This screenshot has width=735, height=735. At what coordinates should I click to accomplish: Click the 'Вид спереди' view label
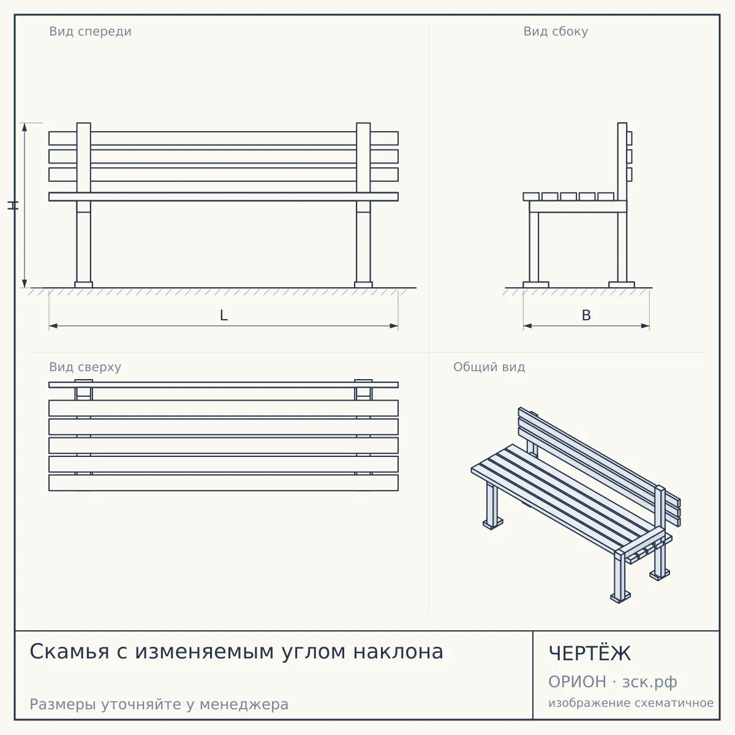tap(91, 31)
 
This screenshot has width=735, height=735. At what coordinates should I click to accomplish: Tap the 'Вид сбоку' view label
tap(556, 31)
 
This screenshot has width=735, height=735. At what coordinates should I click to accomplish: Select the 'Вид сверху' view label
tap(85, 367)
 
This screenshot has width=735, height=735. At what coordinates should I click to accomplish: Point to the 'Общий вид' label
tap(489, 367)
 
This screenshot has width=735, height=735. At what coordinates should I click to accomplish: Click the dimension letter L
tap(224, 315)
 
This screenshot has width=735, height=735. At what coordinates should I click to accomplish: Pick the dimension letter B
tap(586, 315)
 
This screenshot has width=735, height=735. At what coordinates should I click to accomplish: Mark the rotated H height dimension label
tap(13, 205)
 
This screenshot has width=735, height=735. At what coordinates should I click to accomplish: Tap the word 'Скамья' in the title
tap(69, 652)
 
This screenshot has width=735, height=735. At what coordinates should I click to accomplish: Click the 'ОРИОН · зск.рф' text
tap(612, 682)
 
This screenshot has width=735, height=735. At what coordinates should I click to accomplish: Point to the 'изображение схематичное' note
tap(631, 703)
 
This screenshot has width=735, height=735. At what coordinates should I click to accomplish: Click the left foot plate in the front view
tap(83, 285)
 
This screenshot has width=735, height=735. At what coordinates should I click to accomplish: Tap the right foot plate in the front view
tap(363, 285)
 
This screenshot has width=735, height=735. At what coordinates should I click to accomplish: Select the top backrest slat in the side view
tap(630, 138)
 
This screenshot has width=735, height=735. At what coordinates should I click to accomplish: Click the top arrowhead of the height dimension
tap(24, 127)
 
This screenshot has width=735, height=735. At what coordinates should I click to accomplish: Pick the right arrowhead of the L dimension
tap(394, 326)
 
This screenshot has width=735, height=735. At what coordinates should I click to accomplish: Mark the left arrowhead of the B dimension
tap(528, 326)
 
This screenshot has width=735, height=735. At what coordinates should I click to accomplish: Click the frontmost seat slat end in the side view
tap(531, 197)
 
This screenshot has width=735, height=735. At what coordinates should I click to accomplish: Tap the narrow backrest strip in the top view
tap(224, 385)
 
